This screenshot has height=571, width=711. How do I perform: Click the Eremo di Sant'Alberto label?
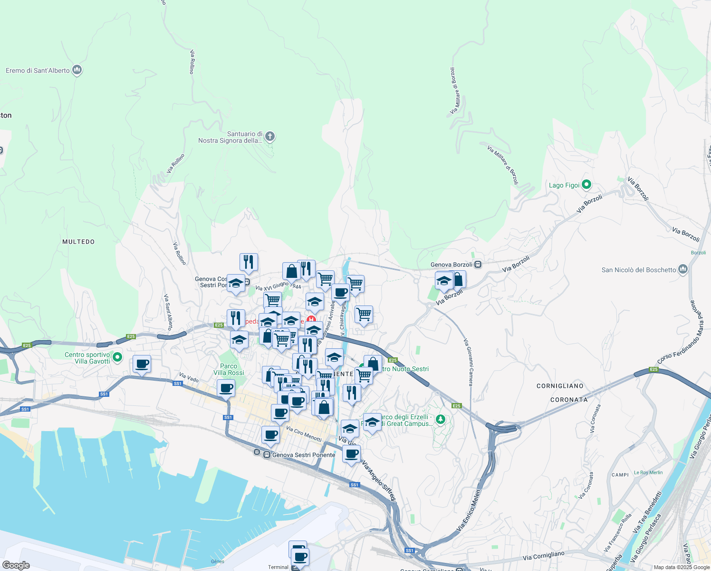tap(38, 70)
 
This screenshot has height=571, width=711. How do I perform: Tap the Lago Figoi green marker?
tap(586, 185)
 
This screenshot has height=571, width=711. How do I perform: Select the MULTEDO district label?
tap(78, 242)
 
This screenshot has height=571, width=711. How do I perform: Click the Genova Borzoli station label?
tap(452, 265)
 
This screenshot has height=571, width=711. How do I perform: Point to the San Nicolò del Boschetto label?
tap(639, 270)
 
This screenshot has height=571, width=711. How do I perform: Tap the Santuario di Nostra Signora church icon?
tap(270, 137)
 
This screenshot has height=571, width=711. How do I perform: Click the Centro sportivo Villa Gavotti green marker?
tap(117, 356)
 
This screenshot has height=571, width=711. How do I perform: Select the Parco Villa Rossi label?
tap(229, 369)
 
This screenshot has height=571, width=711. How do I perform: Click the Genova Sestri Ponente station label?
tap(304, 455)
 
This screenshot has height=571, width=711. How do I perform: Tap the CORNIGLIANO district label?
tap(560, 386)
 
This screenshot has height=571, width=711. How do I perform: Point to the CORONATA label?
tap(569, 400)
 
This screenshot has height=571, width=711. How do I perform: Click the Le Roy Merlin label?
tap(648, 473)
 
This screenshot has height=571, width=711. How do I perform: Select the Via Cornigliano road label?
tap(543, 555)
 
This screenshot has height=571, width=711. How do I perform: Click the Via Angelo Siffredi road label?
tap(379, 481)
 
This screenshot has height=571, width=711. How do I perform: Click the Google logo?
tap(16, 565)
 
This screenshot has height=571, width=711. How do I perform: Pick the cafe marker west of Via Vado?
tap(142, 364)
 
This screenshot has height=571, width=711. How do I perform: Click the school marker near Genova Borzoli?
tap(444, 281)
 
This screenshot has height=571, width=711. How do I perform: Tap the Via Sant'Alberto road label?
tap(168, 312)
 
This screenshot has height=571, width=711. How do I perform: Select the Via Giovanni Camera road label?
tap(469, 362)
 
